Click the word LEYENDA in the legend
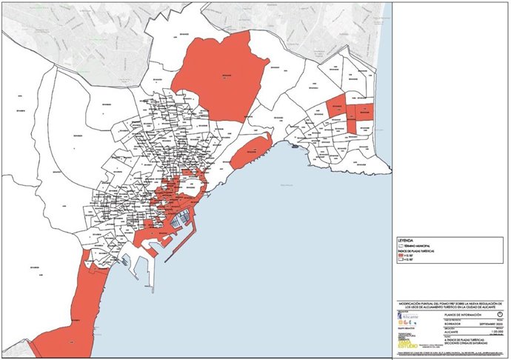point(406,241)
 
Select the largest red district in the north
point(222,74)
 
